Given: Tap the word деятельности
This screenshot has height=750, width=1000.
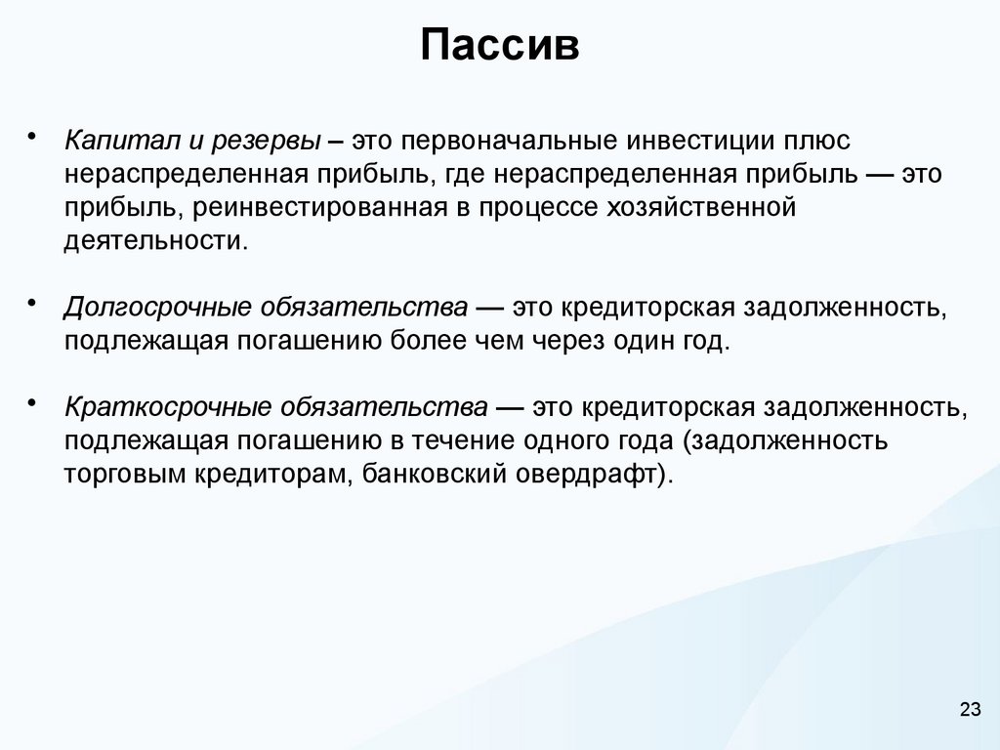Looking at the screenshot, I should (x=156, y=240).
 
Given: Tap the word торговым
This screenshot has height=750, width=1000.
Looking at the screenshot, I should (x=123, y=474).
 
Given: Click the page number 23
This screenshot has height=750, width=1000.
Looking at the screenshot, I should (x=970, y=709).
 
